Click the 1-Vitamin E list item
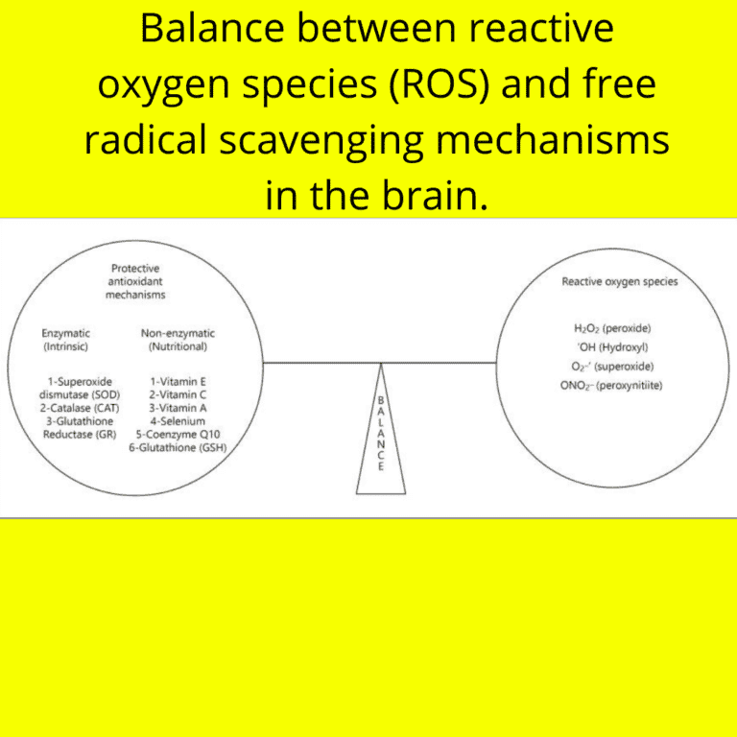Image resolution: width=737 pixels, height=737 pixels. [x=178, y=381]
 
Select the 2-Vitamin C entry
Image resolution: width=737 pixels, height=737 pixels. [x=178, y=394]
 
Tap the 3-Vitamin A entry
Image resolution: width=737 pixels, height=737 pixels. [x=178, y=408]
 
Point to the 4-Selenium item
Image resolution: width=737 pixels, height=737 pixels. [x=178, y=421]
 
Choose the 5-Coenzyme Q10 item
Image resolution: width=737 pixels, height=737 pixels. [x=178, y=434]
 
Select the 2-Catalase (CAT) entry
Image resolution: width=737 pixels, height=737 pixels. [x=81, y=408]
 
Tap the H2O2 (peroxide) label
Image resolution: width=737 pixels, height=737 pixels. [x=611, y=328]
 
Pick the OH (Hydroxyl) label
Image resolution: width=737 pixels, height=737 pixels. [x=611, y=346]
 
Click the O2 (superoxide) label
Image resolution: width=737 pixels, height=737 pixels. [x=611, y=366]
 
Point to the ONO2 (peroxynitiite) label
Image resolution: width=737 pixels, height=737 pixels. [x=611, y=385]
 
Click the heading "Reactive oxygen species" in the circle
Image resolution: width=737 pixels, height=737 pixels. [x=619, y=282]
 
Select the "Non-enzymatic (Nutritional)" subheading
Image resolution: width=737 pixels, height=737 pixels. [x=178, y=340]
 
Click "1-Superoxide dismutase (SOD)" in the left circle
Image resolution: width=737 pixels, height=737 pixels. [x=81, y=388]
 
